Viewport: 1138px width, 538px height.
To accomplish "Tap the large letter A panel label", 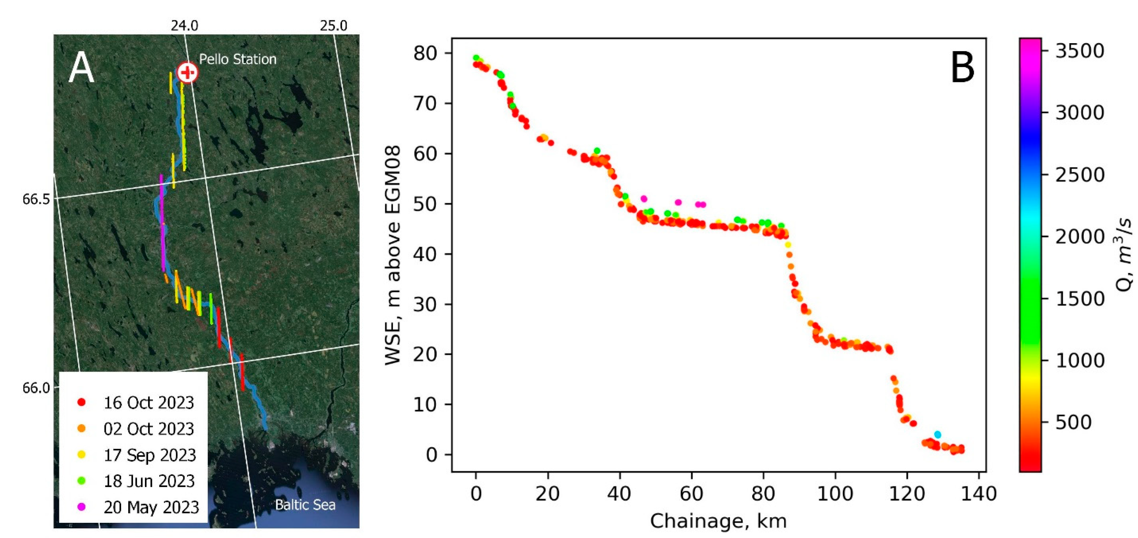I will [81, 68].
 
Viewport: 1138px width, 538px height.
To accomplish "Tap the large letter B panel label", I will [962, 68].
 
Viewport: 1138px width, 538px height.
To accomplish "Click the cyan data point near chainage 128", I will [937, 434].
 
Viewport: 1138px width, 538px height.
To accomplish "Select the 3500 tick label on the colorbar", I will [1080, 51].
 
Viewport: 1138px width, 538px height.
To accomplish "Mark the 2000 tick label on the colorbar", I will [1080, 237].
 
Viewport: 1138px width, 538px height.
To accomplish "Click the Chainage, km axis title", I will [718, 521].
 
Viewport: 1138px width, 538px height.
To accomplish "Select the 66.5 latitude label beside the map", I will [36, 199].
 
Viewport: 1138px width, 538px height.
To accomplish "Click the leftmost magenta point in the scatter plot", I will [644, 198].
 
